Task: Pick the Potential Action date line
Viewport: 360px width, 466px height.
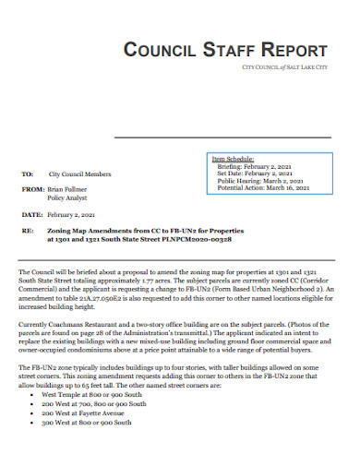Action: pos(263,187)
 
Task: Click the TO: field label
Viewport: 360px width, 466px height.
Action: pos(27,173)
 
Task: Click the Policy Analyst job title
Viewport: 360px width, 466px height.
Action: pos(68,197)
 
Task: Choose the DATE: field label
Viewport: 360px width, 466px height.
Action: pos(31,213)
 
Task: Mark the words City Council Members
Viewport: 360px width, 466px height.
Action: pos(80,173)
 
